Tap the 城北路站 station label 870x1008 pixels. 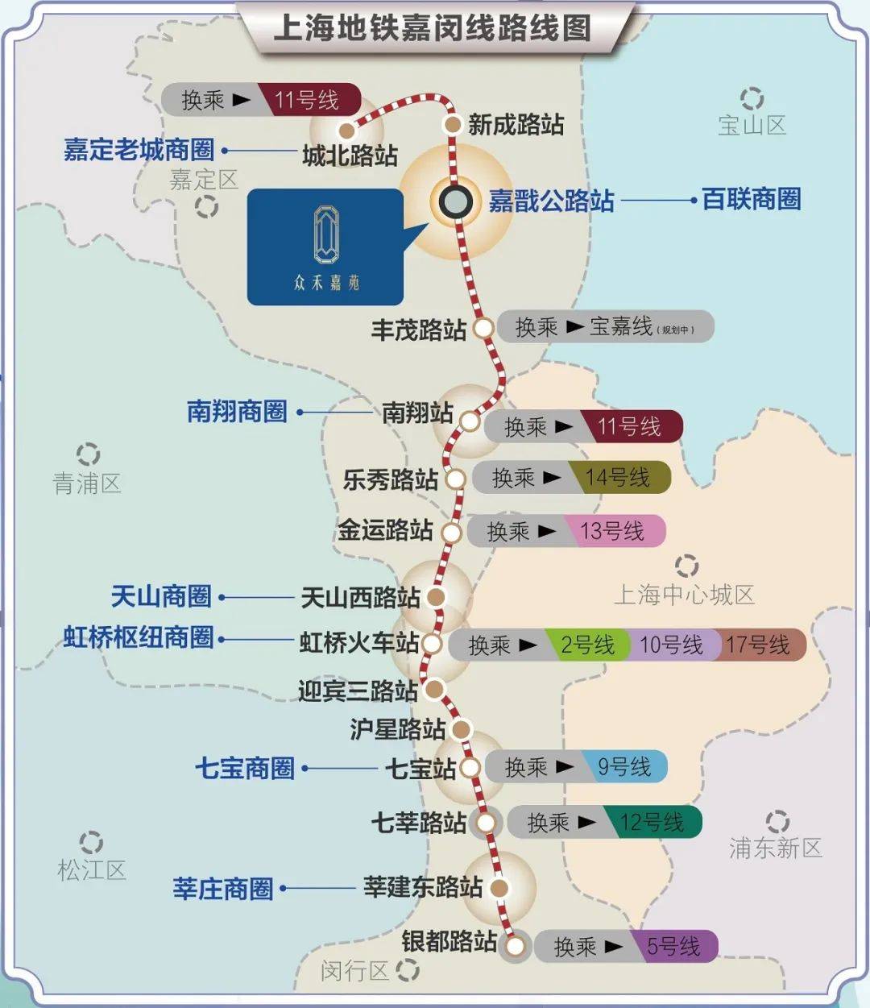(350, 155)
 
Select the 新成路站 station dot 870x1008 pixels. (453, 124)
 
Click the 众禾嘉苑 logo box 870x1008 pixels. (325, 247)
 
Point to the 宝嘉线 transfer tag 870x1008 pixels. (620, 327)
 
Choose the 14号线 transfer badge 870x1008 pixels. (618, 478)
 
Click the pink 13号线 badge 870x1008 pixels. (613, 531)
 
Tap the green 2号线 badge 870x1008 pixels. (587, 645)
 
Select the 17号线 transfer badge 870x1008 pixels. (758, 645)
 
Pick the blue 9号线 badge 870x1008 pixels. (624, 766)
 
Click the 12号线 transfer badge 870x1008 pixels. (652, 822)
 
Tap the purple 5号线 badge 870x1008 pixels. (674, 946)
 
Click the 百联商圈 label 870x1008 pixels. (752, 199)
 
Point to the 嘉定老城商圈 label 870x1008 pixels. (139, 149)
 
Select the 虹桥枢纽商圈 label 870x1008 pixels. (139, 637)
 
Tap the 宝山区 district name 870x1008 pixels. (752, 125)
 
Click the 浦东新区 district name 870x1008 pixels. (775, 848)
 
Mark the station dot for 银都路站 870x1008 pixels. (516, 946)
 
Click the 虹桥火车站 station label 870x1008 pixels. (359, 643)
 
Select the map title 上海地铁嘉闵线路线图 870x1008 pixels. (433, 29)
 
